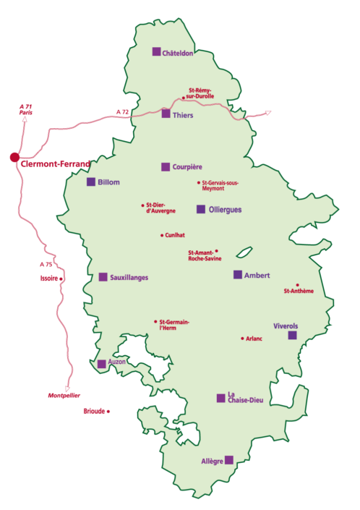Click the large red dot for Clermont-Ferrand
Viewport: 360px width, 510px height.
click(x=14, y=157)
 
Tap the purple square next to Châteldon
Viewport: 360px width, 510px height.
click(x=155, y=51)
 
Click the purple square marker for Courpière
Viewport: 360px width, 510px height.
click(x=166, y=166)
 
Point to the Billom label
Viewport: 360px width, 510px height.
click(x=108, y=182)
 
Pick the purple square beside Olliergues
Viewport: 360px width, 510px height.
click(x=201, y=209)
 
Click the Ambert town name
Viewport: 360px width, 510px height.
click(x=257, y=275)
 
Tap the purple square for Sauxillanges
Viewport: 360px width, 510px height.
click(x=103, y=276)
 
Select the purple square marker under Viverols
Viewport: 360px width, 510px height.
click(x=292, y=335)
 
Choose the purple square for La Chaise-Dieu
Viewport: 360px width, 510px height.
click(x=220, y=398)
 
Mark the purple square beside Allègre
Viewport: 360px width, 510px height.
click(x=229, y=459)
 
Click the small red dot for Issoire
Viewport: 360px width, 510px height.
click(x=61, y=279)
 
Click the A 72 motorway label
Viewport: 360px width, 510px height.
click(x=123, y=111)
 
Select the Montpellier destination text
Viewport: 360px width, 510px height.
click(x=64, y=396)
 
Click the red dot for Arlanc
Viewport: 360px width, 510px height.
click(x=241, y=338)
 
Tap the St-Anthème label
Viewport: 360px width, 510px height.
click(x=299, y=292)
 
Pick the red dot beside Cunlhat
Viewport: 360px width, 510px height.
click(x=161, y=235)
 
